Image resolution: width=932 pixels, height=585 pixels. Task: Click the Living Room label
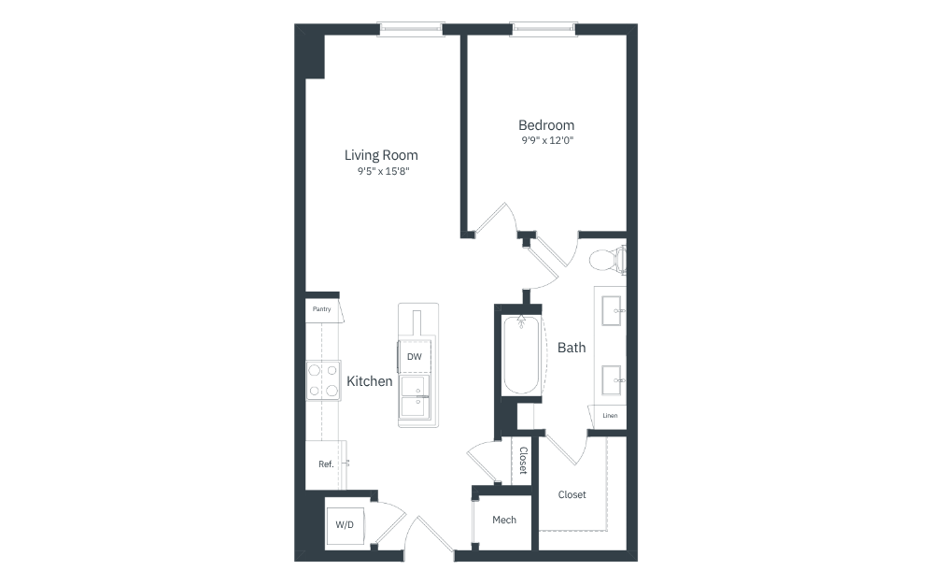(381, 155)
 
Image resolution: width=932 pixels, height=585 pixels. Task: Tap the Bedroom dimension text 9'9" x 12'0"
(547, 141)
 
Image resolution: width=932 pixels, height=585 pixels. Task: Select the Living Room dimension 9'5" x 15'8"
(384, 171)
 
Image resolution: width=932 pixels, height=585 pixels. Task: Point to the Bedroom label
(546, 125)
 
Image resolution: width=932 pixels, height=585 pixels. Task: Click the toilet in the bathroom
(607, 260)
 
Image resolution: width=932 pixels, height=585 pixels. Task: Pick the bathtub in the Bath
(521, 355)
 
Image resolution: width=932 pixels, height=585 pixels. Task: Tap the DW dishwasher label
(415, 357)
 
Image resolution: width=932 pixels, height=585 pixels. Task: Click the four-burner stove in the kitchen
(323, 380)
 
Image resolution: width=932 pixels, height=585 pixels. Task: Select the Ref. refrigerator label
(326, 464)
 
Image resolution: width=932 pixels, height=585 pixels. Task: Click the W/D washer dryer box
(345, 525)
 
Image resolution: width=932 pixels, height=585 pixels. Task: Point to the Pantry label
(321, 309)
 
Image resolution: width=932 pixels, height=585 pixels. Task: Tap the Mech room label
(504, 521)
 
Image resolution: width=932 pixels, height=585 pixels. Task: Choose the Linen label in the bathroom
(610, 416)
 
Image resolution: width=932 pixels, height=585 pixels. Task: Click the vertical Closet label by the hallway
(523, 460)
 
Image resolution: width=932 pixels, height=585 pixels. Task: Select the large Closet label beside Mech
(572, 494)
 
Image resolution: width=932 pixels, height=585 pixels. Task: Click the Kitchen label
(369, 381)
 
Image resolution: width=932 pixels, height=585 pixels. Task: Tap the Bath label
(572, 348)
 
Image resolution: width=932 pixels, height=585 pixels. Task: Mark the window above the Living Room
(411, 29)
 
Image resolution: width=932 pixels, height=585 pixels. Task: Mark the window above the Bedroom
(544, 29)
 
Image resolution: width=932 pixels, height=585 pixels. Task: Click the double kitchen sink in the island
(415, 397)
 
